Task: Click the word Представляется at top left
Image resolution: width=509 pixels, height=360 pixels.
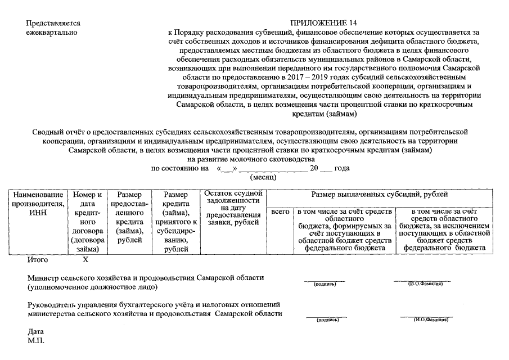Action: [53, 24]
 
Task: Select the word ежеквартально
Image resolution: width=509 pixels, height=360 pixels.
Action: [52, 33]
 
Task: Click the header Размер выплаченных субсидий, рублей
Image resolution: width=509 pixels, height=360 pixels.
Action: [380, 195]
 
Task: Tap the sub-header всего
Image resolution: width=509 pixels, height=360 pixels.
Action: [280, 212]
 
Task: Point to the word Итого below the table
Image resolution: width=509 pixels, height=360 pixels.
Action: [38, 260]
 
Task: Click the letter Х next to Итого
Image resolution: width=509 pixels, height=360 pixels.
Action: [86, 260]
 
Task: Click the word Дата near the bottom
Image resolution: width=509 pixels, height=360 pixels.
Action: [35, 331]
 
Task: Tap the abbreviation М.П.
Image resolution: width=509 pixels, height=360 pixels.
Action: [35, 340]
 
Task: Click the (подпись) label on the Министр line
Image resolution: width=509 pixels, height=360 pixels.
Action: [325, 284]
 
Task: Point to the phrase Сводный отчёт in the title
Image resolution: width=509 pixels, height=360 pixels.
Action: [59, 132]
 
